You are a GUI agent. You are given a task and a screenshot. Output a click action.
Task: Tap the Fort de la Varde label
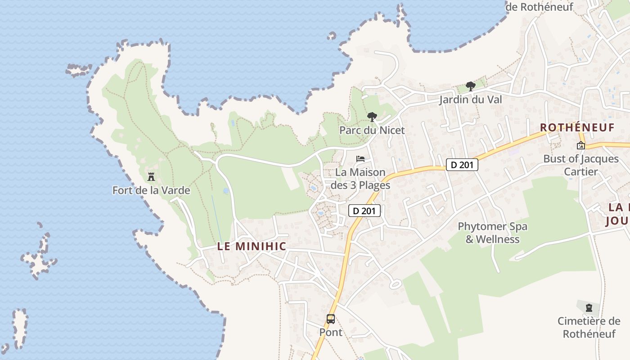(x=151, y=190)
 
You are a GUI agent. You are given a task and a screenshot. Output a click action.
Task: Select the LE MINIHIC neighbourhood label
(x=252, y=246)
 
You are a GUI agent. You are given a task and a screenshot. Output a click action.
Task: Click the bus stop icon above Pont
(x=331, y=319)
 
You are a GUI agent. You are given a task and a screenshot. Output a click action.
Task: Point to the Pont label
(x=331, y=332)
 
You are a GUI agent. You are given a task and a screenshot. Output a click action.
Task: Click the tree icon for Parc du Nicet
(x=372, y=117)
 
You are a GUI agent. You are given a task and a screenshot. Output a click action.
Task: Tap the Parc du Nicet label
(x=372, y=130)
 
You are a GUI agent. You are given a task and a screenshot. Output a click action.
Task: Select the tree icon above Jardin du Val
(x=471, y=86)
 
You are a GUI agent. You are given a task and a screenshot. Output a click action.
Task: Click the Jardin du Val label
(x=471, y=99)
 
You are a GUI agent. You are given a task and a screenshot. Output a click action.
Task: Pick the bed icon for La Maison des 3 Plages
(x=360, y=158)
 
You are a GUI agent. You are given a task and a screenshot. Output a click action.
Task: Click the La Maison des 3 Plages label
(x=360, y=179)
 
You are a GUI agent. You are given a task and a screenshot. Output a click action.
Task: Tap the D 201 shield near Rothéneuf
(x=462, y=165)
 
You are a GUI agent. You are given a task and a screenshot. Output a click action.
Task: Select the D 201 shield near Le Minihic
(x=364, y=210)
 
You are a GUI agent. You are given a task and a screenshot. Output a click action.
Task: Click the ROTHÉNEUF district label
(x=577, y=127)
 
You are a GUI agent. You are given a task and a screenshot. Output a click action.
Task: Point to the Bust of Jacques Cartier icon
(x=581, y=145)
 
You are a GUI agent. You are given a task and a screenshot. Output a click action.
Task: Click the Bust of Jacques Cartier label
(x=581, y=165)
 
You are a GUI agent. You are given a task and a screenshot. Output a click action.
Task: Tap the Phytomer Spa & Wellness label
(x=492, y=233)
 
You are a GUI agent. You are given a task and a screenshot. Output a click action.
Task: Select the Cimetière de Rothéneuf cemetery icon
(x=589, y=308)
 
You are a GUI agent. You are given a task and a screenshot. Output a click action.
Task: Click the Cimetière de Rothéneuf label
(x=589, y=328)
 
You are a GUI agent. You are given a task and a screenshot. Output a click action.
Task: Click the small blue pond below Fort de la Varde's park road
(x=226, y=191)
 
